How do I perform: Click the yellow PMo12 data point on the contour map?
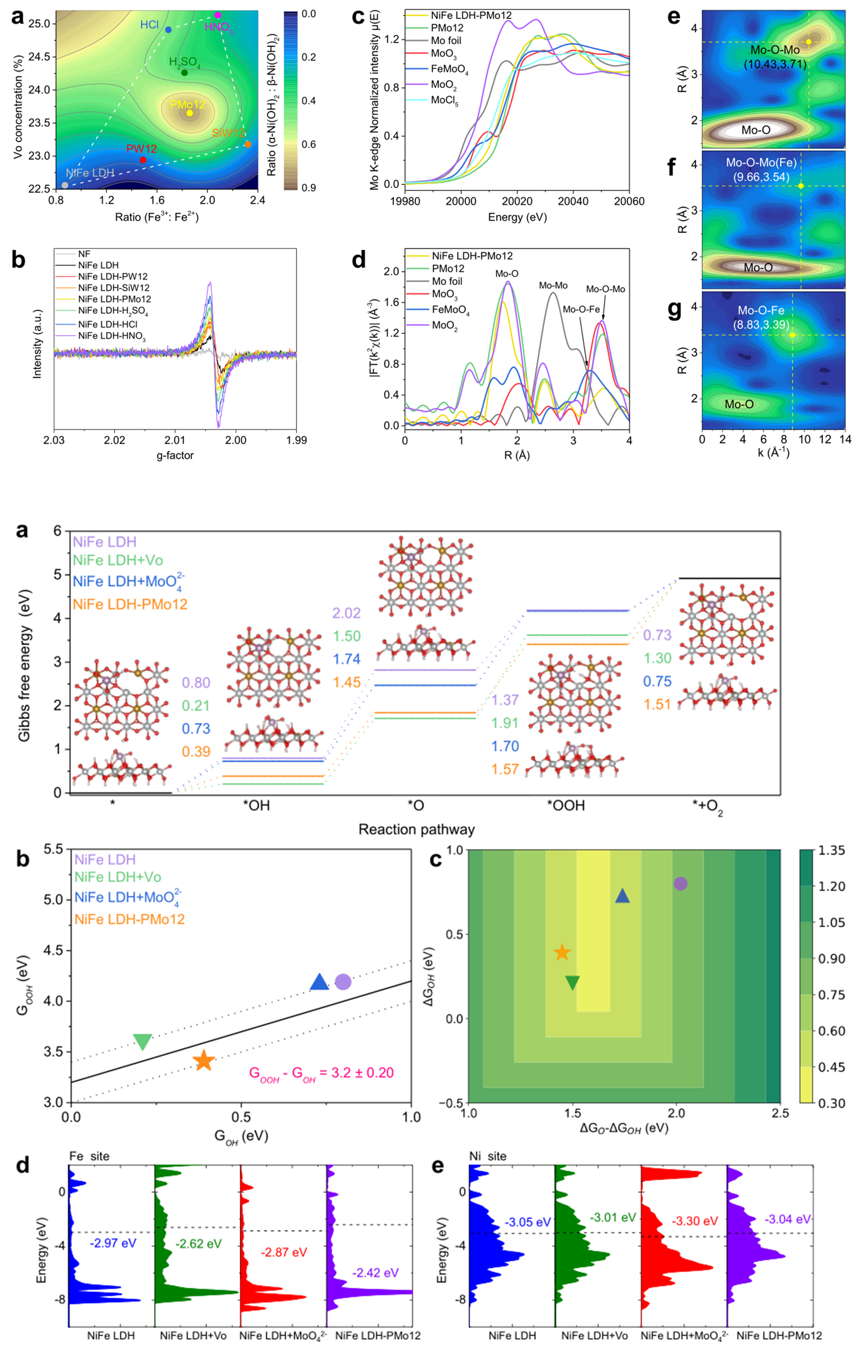pyautogui.click(x=190, y=113)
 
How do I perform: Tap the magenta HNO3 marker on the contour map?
pyautogui.click(x=218, y=15)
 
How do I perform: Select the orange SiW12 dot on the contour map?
pyautogui.click(x=248, y=144)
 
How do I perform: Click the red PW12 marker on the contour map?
pyautogui.click(x=143, y=160)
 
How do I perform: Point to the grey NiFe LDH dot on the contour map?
pyautogui.click(x=65, y=185)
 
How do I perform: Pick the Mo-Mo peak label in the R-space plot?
pyautogui.click(x=553, y=286)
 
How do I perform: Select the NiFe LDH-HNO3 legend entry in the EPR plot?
pyautogui.click(x=112, y=336)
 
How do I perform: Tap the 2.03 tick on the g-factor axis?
pyautogui.click(x=54, y=440)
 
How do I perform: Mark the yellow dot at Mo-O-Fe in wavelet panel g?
pyautogui.click(x=792, y=335)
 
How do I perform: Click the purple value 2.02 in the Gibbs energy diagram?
pyautogui.click(x=346, y=613)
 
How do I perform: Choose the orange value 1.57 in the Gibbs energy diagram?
pyautogui.click(x=505, y=769)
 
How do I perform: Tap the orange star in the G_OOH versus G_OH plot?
pyautogui.click(x=204, y=1060)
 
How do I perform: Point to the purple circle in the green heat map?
pyautogui.click(x=680, y=884)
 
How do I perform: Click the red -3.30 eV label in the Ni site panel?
pyautogui.click(x=694, y=1221)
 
